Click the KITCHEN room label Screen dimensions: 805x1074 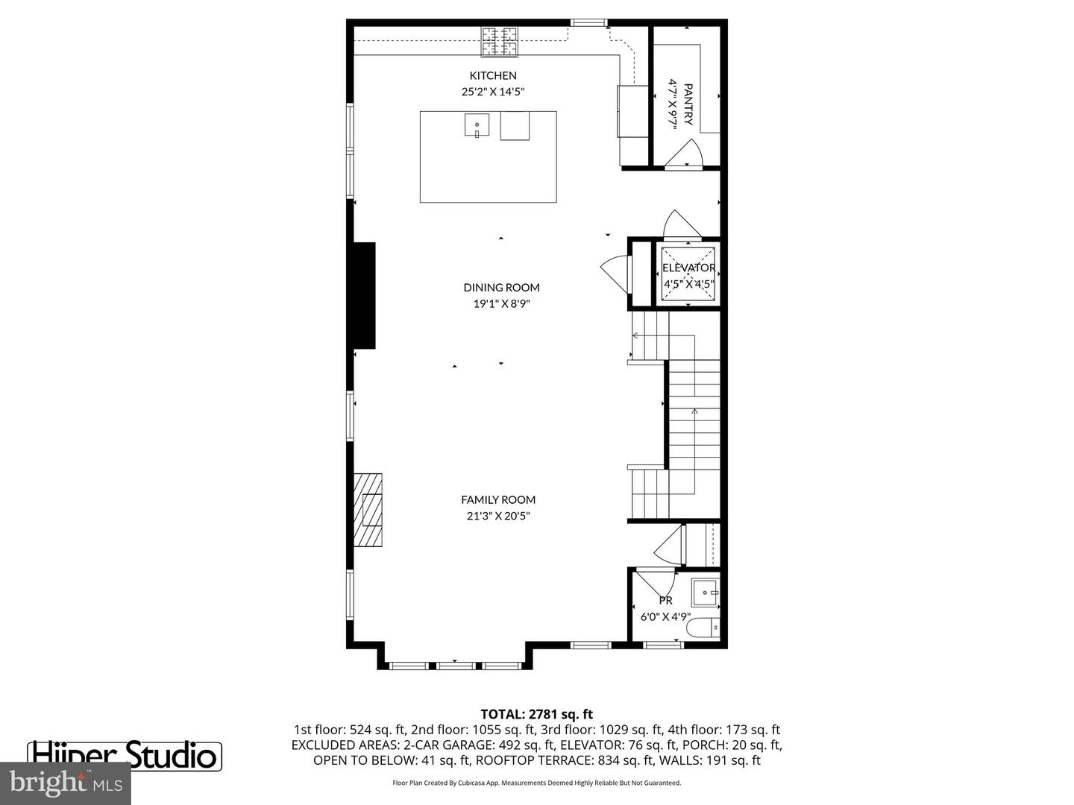click(492, 75)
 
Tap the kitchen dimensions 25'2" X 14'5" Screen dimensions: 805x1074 click(492, 92)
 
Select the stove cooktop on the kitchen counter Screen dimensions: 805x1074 click(499, 42)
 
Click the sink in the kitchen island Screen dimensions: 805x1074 click(477, 125)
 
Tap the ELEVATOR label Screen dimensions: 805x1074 click(688, 268)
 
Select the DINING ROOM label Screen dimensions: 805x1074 click(501, 287)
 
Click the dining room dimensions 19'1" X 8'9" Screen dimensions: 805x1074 click(501, 303)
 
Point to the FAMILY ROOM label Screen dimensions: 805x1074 click(497, 499)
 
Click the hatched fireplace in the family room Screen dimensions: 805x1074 click(368, 510)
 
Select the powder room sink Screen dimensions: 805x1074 click(705, 593)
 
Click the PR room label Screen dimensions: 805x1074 click(665, 600)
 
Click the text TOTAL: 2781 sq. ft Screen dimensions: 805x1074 click(536, 714)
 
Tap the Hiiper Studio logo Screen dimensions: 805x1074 click(125, 755)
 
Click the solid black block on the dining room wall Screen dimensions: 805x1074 click(364, 295)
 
